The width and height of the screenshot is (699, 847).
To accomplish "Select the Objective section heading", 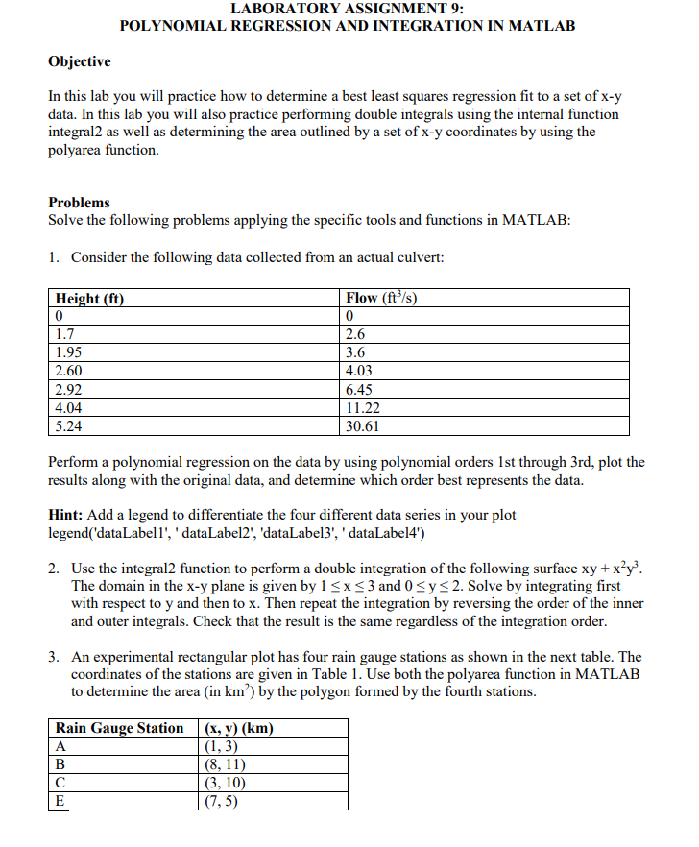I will (x=80, y=61).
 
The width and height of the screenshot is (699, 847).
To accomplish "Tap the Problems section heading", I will (x=79, y=203).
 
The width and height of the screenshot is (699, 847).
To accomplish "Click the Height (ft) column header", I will (x=91, y=298).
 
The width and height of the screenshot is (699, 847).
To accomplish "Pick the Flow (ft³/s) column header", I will (x=380, y=298).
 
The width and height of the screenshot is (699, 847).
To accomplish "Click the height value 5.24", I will (x=68, y=426).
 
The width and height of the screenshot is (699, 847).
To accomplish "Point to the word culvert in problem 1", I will (x=422, y=257).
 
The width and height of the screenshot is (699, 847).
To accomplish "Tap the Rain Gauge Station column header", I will (x=119, y=728).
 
